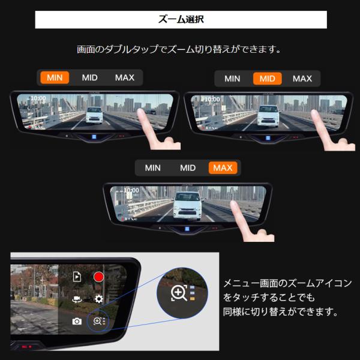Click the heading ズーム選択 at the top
[181, 19]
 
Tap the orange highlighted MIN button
[55, 77]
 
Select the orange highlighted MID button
[267, 79]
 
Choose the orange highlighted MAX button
[223, 168]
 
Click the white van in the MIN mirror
[94, 115]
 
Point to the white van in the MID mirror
[268, 116]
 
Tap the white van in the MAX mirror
[187, 206]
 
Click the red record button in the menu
[99, 277]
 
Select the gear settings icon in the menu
[99, 299]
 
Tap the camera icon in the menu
[77, 321]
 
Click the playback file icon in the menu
[77, 277]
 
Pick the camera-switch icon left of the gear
[77, 299]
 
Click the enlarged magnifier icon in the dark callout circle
[179, 293]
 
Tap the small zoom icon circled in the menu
[98, 321]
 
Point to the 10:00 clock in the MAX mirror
[131, 190]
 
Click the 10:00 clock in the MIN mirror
[38, 98]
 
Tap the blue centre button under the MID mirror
[268, 138]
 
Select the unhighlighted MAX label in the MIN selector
[125, 77]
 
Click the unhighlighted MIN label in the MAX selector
[152, 168]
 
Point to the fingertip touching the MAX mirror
[234, 204]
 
